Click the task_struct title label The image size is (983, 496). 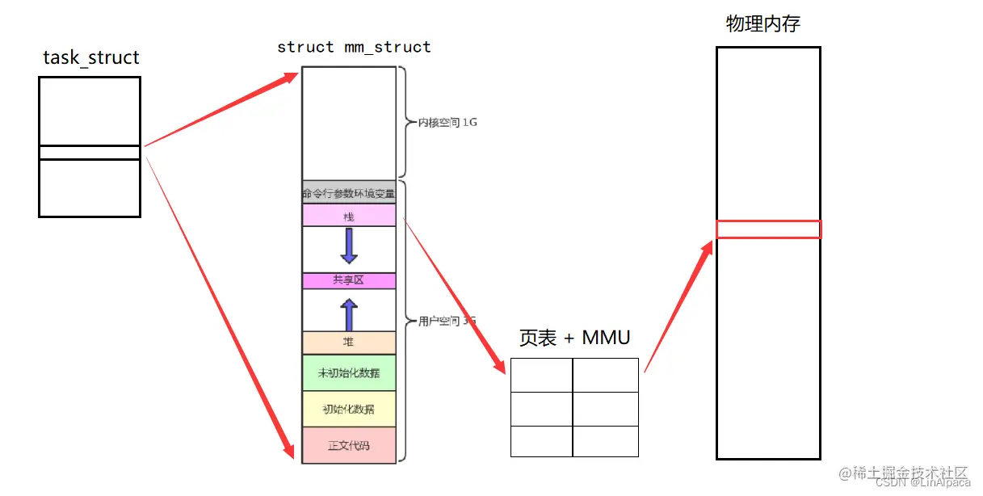click(x=90, y=57)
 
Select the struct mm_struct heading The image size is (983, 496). click(x=354, y=47)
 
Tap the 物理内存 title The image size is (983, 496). click(x=762, y=24)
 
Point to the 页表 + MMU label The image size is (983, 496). click(x=573, y=338)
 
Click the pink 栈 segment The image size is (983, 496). click(x=349, y=216)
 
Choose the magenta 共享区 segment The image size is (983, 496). click(x=349, y=280)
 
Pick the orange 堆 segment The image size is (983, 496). click(x=349, y=343)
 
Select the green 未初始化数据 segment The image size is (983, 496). click(x=349, y=373)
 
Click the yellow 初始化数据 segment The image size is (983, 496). click(x=349, y=410)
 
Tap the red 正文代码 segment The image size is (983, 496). click(x=349, y=445)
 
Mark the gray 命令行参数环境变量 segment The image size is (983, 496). click(x=349, y=193)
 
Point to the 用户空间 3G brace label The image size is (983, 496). click(x=446, y=321)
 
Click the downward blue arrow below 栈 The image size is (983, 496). click(x=349, y=246)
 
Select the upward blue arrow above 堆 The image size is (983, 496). click(x=349, y=314)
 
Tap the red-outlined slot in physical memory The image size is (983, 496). click(x=768, y=229)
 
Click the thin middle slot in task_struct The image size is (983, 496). click(x=90, y=153)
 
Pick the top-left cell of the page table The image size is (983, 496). click(x=542, y=376)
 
